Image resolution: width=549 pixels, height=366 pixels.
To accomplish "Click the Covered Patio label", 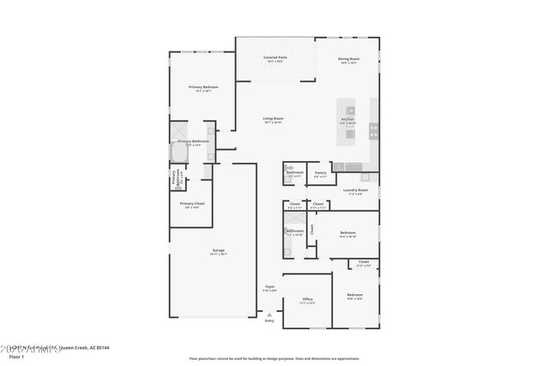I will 274,57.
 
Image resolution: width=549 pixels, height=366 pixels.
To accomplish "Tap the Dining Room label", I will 348,59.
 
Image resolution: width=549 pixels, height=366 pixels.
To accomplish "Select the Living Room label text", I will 273,118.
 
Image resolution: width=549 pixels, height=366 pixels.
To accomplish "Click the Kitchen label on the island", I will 348,119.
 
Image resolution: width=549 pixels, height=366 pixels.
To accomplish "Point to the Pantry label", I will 320,172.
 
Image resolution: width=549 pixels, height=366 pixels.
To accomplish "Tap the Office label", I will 307,299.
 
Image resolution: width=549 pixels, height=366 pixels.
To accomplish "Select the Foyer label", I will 269,286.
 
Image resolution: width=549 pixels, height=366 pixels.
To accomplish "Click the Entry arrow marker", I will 269,314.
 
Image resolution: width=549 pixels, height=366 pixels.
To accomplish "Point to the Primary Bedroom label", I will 204,87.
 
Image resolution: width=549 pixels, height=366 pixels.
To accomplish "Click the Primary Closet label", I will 192,204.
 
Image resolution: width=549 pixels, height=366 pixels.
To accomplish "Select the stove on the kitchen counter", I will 374,131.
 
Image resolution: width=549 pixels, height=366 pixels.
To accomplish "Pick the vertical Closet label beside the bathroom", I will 312,230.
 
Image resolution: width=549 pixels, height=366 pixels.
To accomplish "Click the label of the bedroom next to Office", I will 354,295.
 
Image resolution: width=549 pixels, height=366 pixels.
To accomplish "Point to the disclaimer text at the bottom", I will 274,357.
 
